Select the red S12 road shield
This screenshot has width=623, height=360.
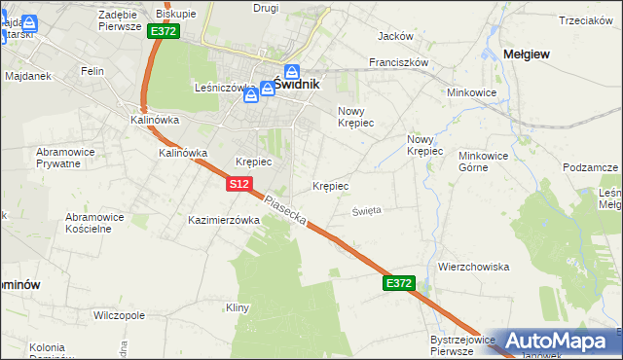pyautogui.click(x=240, y=184)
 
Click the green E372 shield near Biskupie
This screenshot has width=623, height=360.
pyautogui.click(x=163, y=32)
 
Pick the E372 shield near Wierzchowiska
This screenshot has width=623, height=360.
pyautogui.click(x=399, y=283)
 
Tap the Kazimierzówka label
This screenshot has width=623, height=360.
pyautogui.click(x=224, y=221)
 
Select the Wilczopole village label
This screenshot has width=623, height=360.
pyautogui.click(x=119, y=316)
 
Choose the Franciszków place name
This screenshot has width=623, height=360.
pyautogui.click(x=399, y=62)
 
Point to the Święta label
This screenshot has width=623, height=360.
pyautogui.click(x=367, y=210)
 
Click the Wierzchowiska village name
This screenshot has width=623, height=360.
pyautogui.click(x=474, y=267)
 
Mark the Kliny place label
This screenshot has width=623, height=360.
pyautogui.click(x=238, y=308)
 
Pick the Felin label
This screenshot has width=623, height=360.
pyautogui.click(x=93, y=71)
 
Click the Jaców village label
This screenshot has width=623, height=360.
pyautogui.click(x=395, y=36)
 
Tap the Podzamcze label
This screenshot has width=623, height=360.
pyautogui.click(x=591, y=167)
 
